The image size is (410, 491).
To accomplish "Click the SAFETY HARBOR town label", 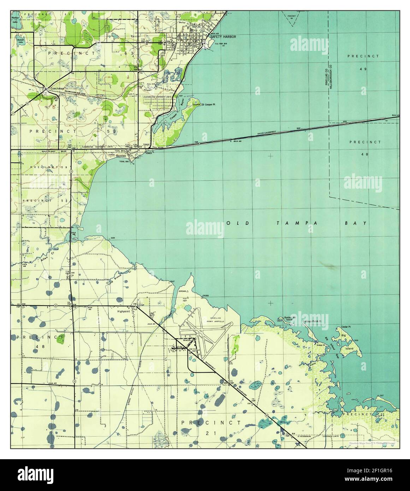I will [223, 37].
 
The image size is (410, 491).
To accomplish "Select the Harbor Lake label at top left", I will [15, 19].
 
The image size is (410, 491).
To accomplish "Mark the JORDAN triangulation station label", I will [182, 291].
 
